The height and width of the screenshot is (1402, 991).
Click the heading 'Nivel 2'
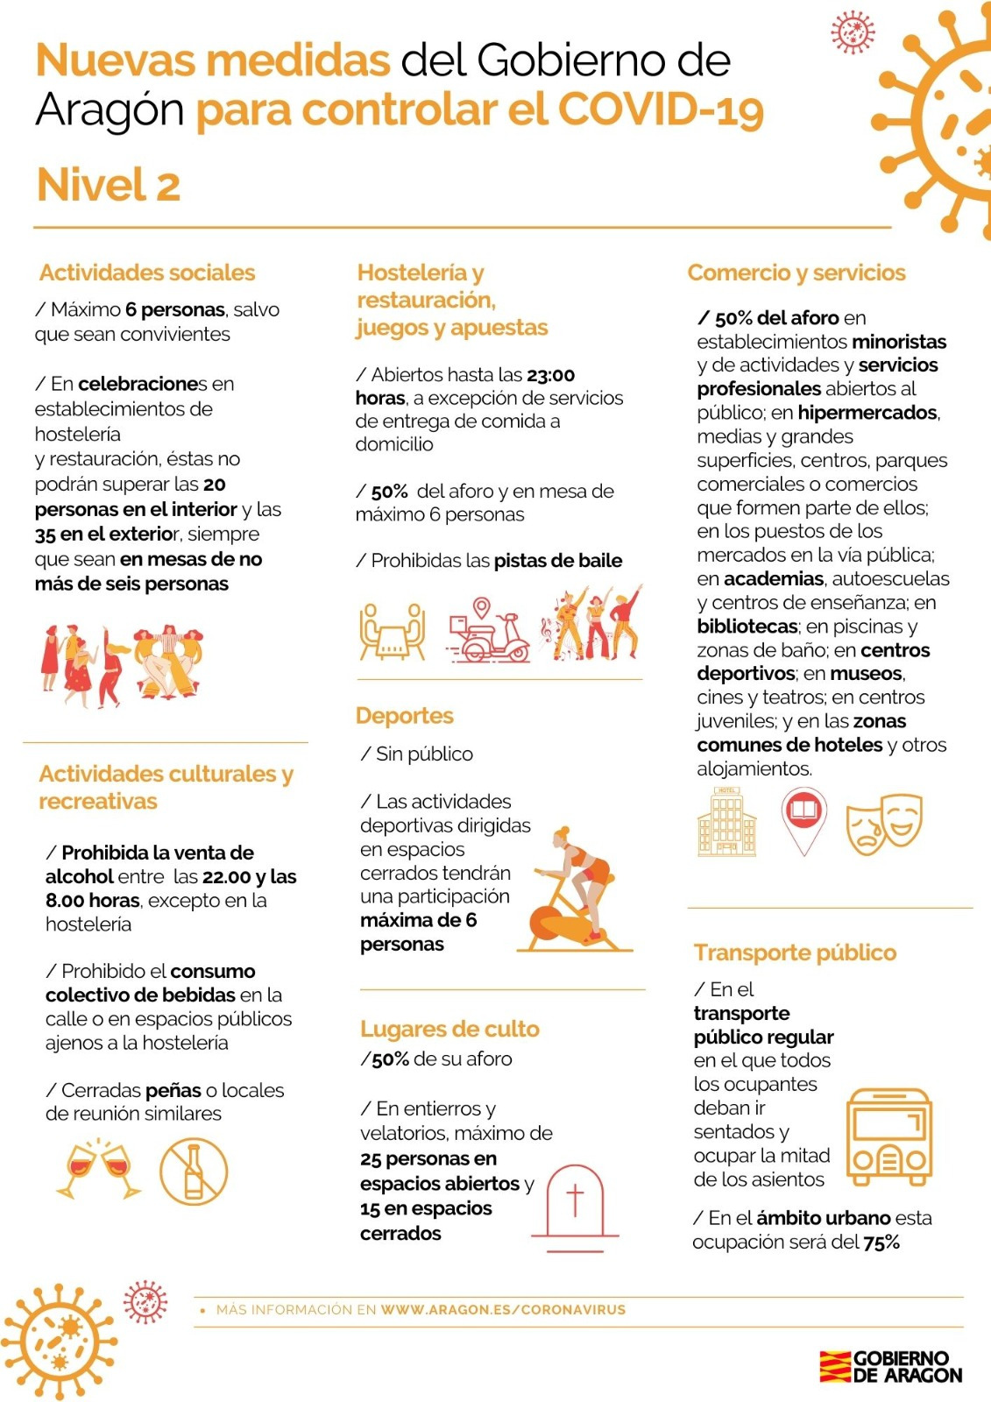(x=109, y=185)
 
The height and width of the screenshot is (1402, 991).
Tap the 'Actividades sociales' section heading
(x=147, y=273)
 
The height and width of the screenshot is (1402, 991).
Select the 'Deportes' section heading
(x=405, y=716)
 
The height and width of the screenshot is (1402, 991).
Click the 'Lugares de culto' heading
(x=449, y=1029)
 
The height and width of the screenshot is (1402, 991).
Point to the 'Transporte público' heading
(x=795, y=952)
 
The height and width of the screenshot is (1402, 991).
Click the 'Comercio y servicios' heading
(x=796, y=273)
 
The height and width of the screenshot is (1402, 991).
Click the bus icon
(x=888, y=1136)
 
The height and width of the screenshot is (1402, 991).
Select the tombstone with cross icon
(x=575, y=1203)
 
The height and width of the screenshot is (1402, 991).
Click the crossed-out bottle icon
(x=194, y=1172)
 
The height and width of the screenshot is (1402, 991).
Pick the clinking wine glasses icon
(x=98, y=1169)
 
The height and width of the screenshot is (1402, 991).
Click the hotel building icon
(x=726, y=822)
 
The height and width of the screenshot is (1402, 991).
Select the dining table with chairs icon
(x=393, y=630)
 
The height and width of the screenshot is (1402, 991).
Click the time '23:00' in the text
(x=550, y=375)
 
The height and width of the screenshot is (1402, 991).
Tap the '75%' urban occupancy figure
(x=881, y=1242)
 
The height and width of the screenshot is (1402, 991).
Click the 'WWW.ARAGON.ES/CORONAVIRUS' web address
(x=503, y=1310)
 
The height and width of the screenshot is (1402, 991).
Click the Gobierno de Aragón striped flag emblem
(x=835, y=1367)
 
